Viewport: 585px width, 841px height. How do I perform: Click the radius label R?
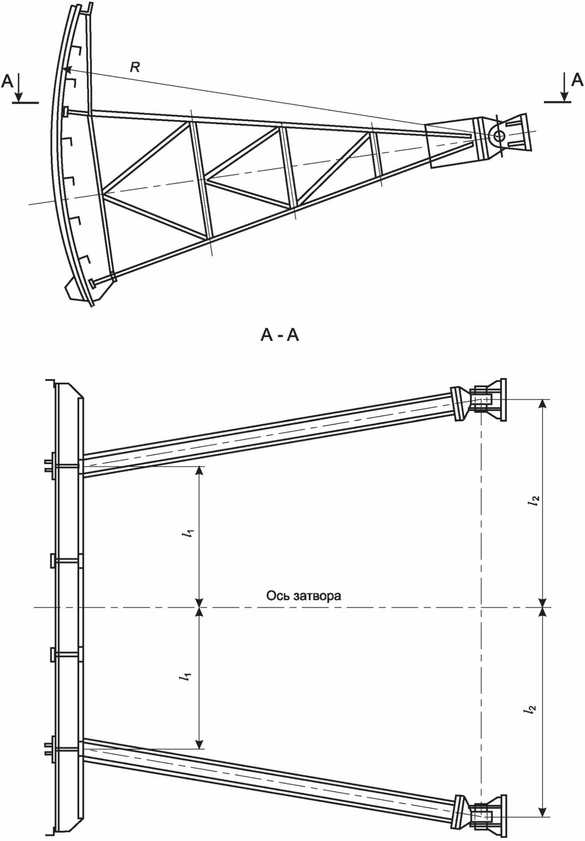[135, 67]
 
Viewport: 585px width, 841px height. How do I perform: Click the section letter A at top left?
[7, 81]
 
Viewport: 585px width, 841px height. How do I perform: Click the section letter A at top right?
[577, 80]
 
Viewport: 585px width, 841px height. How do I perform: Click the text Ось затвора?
[304, 596]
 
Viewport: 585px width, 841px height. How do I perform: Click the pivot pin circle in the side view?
[499, 135]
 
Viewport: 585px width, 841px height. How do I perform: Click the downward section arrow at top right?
[564, 87]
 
